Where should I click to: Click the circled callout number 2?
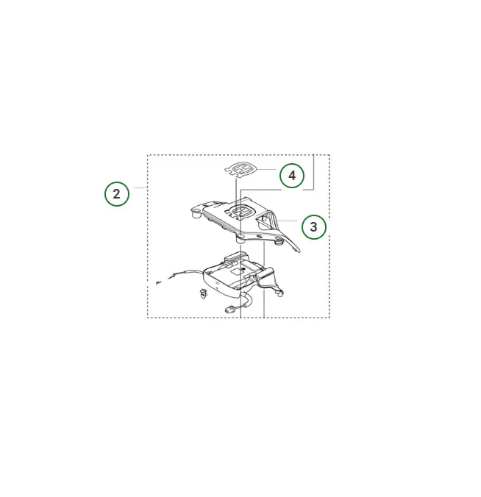coord(117,194)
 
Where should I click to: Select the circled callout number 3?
coord(313,227)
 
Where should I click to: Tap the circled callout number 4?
coord(292,175)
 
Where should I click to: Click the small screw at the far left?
coord(158,282)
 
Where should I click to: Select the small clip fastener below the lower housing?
coord(202,294)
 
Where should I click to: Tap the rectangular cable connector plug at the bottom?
coord(229,309)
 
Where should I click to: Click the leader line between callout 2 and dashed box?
coord(140,187)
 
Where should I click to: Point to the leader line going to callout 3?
coord(288,221)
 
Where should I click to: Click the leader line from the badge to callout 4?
coord(266,170)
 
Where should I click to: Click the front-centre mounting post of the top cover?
coord(240,238)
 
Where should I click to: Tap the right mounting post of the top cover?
coord(279,241)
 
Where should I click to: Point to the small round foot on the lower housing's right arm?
coord(280,294)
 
